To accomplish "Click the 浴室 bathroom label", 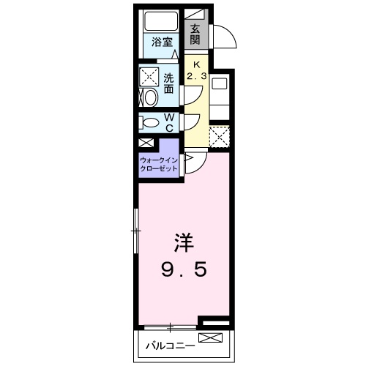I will click(x=163, y=42).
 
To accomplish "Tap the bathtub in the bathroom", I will click(x=161, y=23).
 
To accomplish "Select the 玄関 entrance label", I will click(x=196, y=34).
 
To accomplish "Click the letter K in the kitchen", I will click(x=195, y=64).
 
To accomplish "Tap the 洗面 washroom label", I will click(x=170, y=83).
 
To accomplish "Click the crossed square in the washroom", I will click(x=150, y=77).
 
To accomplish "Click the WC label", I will click(x=169, y=122).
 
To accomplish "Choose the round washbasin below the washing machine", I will click(x=149, y=97).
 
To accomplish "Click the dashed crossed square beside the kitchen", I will click(x=219, y=136).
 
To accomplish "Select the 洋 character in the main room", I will click(x=184, y=242).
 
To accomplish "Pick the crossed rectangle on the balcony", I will click(x=209, y=338).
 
